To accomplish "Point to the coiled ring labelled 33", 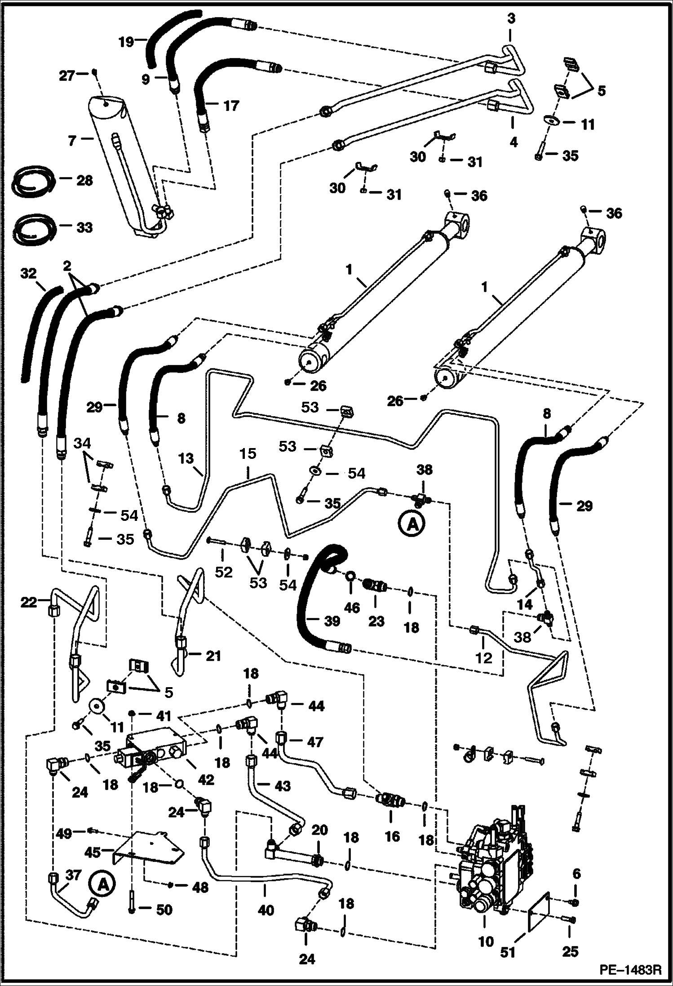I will (x=34, y=228).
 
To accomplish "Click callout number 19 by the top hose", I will (x=126, y=42).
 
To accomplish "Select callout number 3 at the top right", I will (x=511, y=19).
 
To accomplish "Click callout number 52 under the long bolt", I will (x=224, y=572).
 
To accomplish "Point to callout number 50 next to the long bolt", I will (x=164, y=910).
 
